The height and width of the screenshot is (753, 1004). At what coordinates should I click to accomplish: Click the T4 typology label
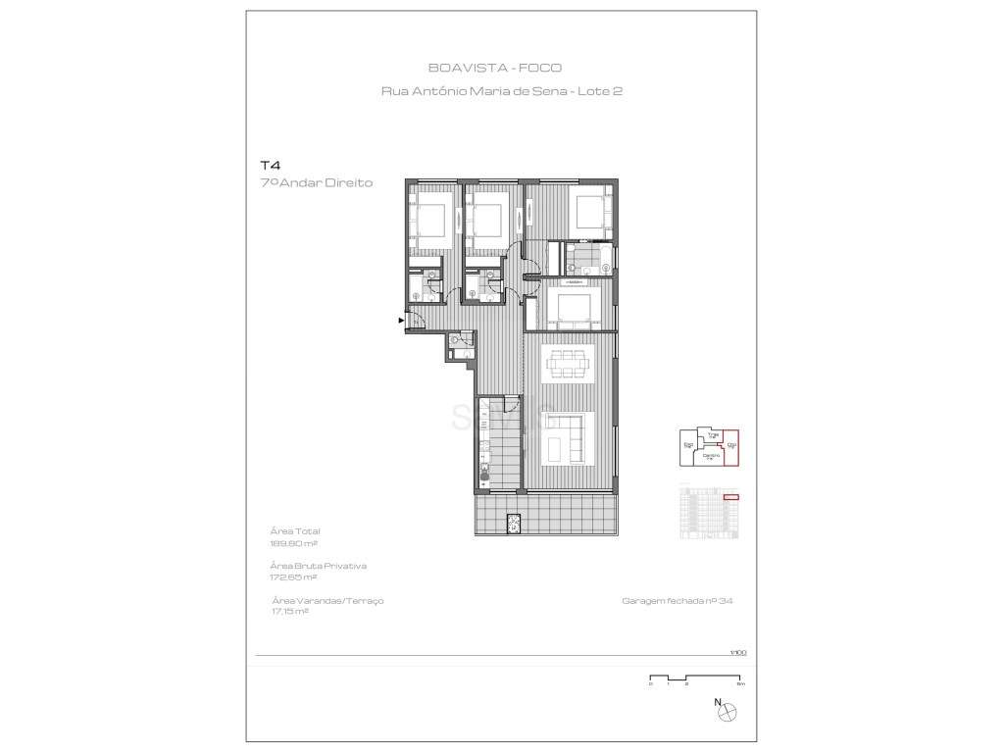click(269, 166)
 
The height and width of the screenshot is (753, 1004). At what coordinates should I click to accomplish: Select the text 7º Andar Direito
click(316, 183)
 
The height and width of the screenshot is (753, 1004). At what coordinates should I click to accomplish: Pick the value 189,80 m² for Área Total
click(292, 542)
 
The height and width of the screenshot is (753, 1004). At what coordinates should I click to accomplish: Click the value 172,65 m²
click(292, 577)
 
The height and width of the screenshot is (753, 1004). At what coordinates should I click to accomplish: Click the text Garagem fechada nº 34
click(677, 601)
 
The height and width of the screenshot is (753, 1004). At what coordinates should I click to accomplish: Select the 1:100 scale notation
click(737, 652)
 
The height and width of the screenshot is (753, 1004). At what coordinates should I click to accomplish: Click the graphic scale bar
click(697, 678)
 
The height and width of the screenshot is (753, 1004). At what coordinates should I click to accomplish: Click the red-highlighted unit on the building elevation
click(730, 498)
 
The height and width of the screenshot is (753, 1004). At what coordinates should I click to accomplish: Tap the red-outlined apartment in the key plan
click(731, 451)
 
